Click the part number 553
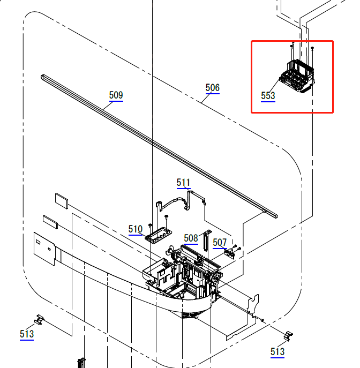pyautogui.click(x=268, y=96)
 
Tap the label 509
pyautogui.click(x=116, y=95)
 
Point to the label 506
pyautogui.click(x=212, y=88)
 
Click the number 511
pyautogui.click(x=183, y=183)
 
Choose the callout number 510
pyautogui.click(x=136, y=229)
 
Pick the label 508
pyautogui.click(x=190, y=238)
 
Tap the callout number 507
pyautogui.click(x=220, y=243)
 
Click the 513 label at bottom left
pyautogui.click(x=27, y=334)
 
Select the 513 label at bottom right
pyautogui.click(x=277, y=351)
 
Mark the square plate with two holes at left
pyautogui.click(x=44, y=248)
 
